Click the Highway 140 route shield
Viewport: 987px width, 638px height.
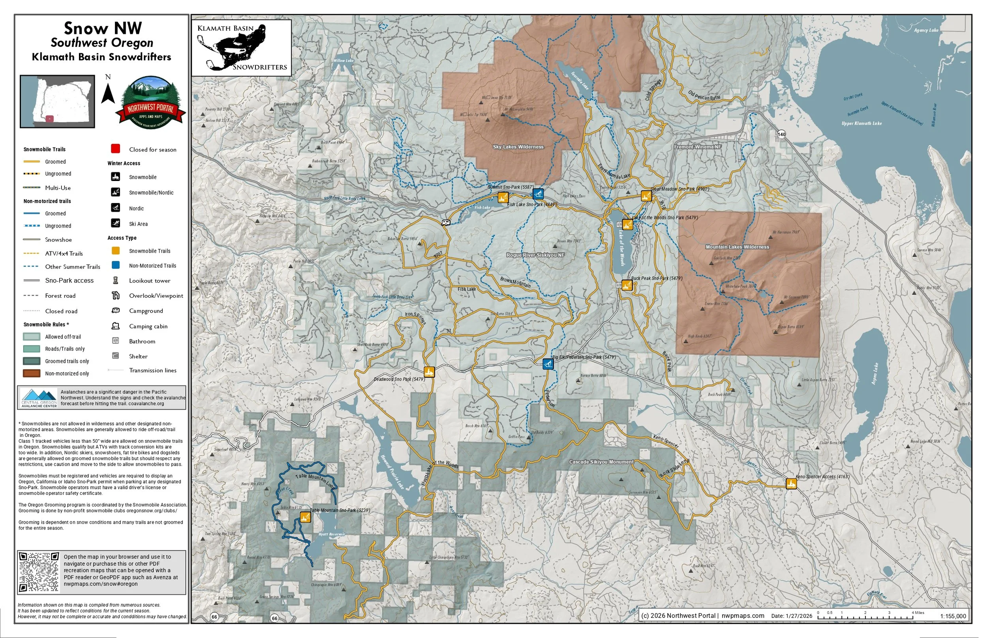click(x=781, y=134)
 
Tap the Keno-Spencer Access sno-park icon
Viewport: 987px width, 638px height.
click(x=791, y=483)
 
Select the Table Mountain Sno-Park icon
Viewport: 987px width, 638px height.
click(x=305, y=517)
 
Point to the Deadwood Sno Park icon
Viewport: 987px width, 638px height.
click(x=429, y=371)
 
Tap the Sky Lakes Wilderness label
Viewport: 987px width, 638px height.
click(x=518, y=147)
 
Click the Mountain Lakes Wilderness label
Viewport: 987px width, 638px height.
click(x=737, y=247)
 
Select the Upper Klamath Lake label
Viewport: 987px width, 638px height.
click(x=861, y=123)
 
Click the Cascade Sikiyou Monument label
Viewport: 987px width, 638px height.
click(x=601, y=462)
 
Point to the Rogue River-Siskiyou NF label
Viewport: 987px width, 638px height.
click(x=535, y=255)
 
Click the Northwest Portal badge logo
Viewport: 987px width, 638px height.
click(x=151, y=103)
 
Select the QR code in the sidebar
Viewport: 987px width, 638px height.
click(x=39, y=572)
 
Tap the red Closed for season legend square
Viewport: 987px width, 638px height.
click(x=116, y=149)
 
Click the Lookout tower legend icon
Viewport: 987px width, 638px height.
click(x=116, y=280)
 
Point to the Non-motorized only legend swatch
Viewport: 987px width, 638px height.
click(x=32, y=373)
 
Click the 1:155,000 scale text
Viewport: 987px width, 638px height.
click(x=953, y=616)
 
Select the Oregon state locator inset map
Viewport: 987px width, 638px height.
click(x=58, y=101)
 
